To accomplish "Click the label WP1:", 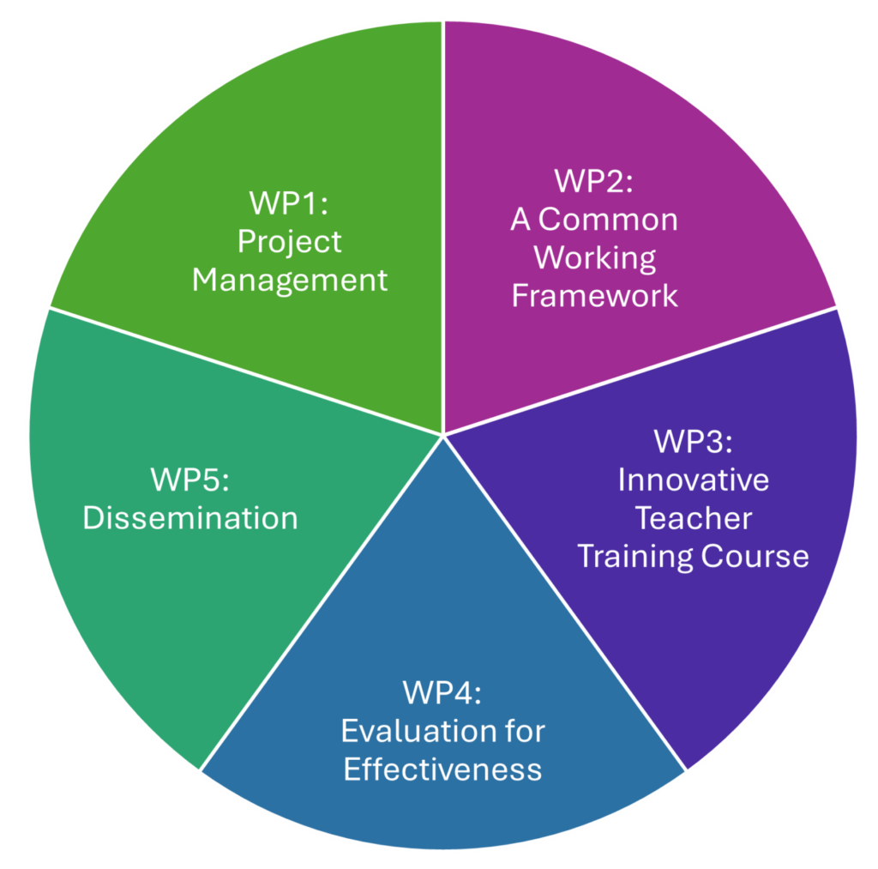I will pos(289,204).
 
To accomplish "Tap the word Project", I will pos(289,242).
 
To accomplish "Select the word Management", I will pos(289,281).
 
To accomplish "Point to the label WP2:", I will pos(594,182).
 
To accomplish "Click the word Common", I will pos(608,220).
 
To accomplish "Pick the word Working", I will pos(594,257).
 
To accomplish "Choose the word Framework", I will pos(594,296).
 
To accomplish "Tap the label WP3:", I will pos(693,442).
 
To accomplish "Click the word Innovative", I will pos(693,480).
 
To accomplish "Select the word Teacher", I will pos(693,518).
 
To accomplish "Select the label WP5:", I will pos(189,480).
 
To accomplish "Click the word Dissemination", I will pos(189,518).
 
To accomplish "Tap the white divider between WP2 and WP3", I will pos(643,371).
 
